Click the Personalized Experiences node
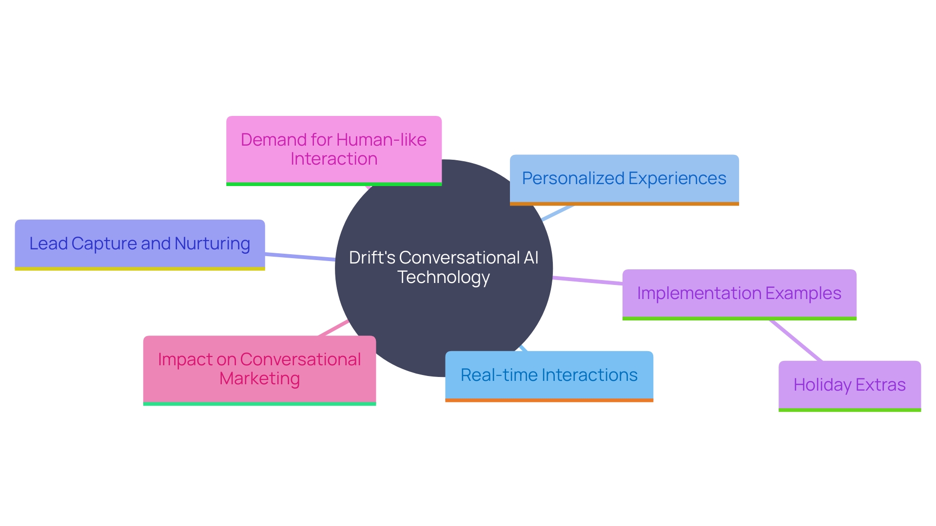[624, 179]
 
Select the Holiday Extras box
[849, 385]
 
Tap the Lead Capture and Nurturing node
[139, 244]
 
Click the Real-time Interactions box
[549, 375]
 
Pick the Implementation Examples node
[739, 293]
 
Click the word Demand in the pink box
[274, 140]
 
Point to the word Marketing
[259, 378]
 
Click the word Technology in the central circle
[443, 277]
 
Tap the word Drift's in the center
[372, 258]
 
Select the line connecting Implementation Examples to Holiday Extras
[796, 341]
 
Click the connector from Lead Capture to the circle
[300, 257]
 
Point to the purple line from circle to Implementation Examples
[587, 280]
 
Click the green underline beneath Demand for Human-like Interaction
[333, 184]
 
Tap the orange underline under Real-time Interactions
[549, 400]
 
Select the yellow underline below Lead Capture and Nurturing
[139, 268]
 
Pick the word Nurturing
[212, 244]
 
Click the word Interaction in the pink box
[333, 159]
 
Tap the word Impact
[185, 359]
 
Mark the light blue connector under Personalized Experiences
[558, 213]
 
